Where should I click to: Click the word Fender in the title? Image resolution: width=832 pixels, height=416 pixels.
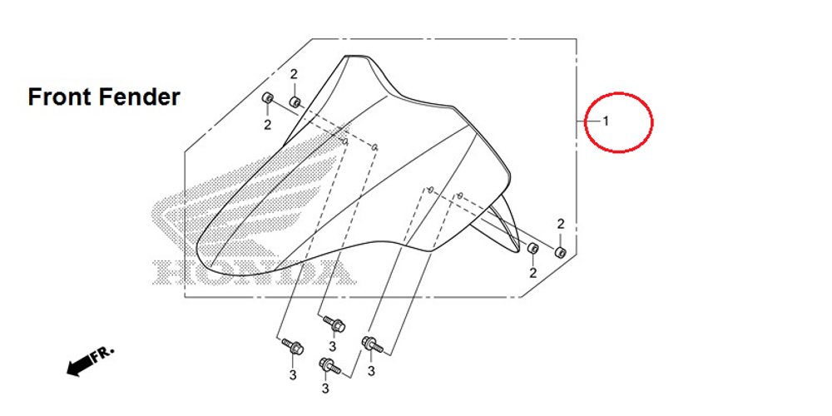[140, 97]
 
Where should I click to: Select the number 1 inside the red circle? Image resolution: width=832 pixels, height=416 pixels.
[606, 121]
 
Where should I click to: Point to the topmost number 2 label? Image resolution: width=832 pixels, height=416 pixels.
[294, 75]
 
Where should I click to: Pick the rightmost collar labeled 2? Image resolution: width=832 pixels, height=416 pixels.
[561, 251]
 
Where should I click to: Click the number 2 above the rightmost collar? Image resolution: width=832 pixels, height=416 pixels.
[561, 224]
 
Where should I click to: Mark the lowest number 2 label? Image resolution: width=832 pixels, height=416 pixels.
[532, 273]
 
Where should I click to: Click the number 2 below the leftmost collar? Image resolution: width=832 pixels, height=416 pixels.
[268, 126]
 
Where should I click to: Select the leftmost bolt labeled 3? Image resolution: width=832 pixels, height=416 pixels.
[293, 345]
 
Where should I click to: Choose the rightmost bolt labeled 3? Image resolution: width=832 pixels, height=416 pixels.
[370, 342]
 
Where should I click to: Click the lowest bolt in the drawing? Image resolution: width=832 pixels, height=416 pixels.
[328, 364]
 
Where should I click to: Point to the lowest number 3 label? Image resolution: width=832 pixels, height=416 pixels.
[325, 389]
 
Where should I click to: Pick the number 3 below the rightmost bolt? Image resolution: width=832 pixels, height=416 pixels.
[371, 370]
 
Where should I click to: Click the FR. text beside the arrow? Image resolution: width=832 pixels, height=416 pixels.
[103, 353]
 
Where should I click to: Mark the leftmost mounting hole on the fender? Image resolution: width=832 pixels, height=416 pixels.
[344, 141]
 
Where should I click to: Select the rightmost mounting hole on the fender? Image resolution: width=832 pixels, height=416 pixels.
[460, 195]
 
